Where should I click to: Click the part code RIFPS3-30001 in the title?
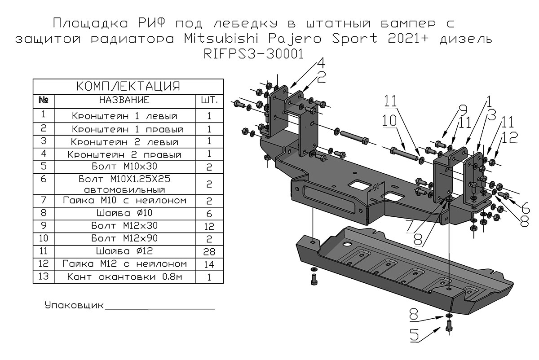point(253,54)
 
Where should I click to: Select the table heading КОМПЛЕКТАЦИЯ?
point(128,86)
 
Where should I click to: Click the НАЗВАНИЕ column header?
point(124,100)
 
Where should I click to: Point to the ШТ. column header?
point(209,100)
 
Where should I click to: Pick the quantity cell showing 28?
point(209,251)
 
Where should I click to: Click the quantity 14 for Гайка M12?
point(209,264)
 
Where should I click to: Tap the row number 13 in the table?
point(44,277)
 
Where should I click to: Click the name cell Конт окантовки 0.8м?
point(124,277)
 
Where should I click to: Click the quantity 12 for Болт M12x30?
point(209,226)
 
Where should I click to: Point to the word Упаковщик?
point(74,306)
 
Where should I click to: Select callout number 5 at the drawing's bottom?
point(415,335)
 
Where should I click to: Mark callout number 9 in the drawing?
point(462,110)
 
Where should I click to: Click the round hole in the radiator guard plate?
point(347,244)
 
